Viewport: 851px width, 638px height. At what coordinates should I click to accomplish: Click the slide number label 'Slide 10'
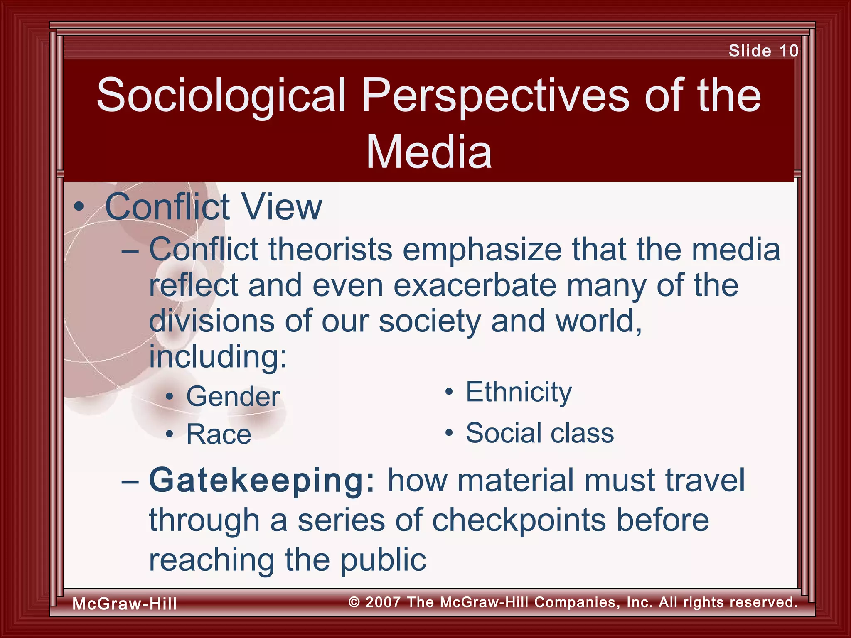pyautogui.click(x=763, y=51)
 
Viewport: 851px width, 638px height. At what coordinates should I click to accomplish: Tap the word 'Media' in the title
pyautogui.click(x=429, y=152)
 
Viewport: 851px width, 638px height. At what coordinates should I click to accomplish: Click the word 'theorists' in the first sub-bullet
pyautogui.click(x=330, y=250)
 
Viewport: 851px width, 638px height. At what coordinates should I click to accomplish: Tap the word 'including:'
pyautogui.click(x=218, y=356)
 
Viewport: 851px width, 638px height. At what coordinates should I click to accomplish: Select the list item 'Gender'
pyautogui.click(x=233, y=396)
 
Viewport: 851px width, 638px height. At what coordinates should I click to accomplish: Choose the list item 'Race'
pyautogui.click(x=219, y=434)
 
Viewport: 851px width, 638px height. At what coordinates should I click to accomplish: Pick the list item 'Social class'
pyautogui.click(x=539, y=433)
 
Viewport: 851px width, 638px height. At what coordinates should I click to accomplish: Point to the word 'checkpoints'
pyautogui.click(x=519, y=520)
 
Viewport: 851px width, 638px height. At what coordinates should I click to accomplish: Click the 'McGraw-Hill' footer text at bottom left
pyautogui.click(x=125, y=604)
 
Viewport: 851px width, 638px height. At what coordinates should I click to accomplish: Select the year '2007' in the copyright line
pyautogui.click(x=383, y=602)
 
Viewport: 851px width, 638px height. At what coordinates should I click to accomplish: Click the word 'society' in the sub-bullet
pyautogui.click(x=430, y=321)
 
